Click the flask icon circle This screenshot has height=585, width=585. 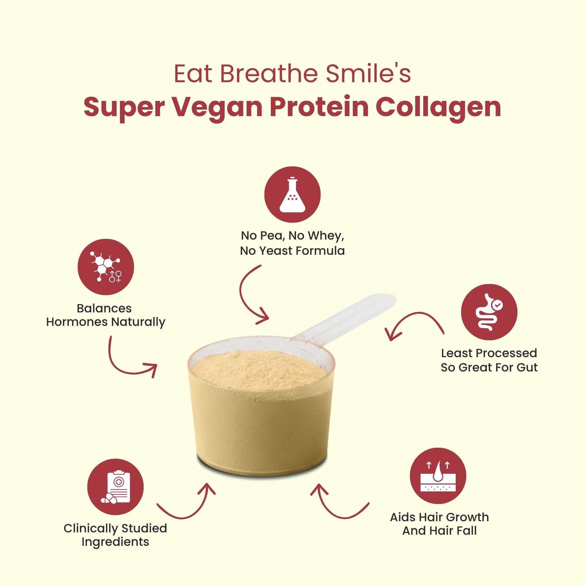pos(292,194)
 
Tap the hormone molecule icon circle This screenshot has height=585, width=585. pos(106,267)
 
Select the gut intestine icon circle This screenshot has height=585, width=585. pos(489,312)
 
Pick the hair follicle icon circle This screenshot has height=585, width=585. pos(438,476)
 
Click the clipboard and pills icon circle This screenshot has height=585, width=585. pos(115,487)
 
